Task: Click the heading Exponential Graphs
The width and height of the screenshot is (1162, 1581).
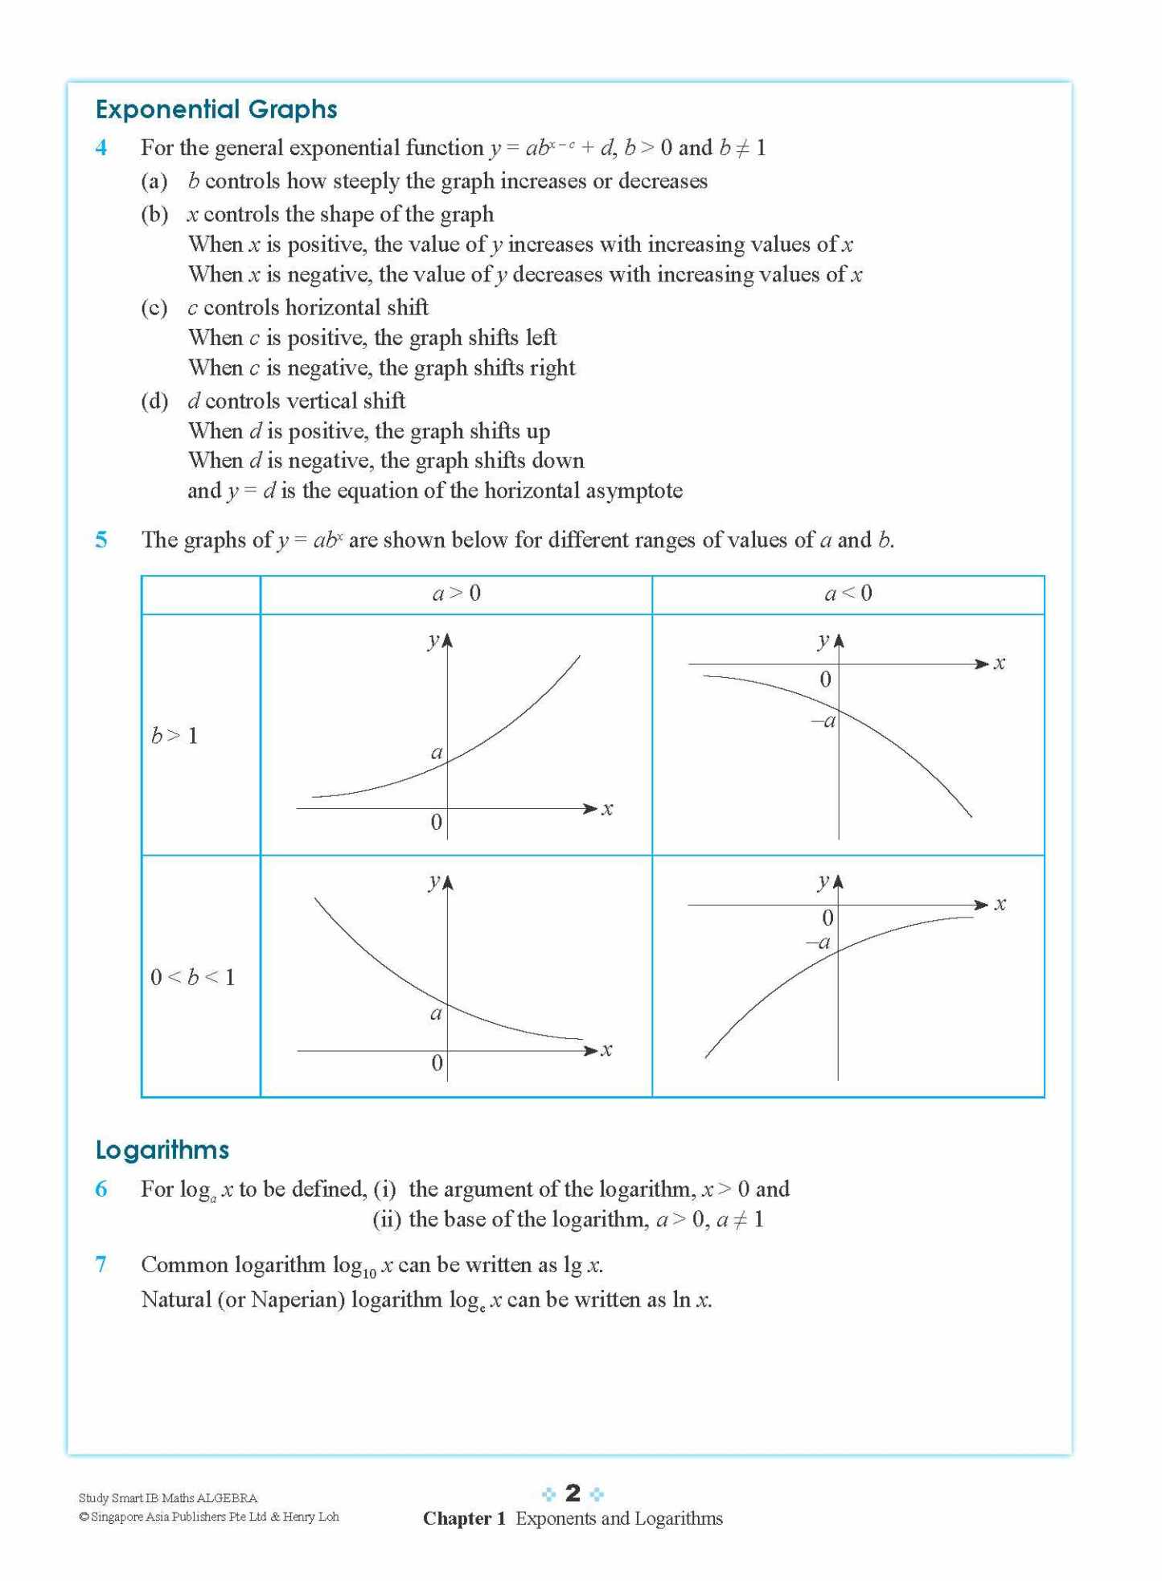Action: [x=216, y=109]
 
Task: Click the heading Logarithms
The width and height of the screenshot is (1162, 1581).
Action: [x=162, y=1150]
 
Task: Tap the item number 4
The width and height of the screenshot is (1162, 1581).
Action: [x=101, y=148]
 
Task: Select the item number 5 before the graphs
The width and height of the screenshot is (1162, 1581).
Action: [x=101, y=540]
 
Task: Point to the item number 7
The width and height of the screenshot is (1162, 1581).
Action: [x=101, y=1264]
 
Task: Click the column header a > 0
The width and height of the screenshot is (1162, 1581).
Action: [x=456, y=593]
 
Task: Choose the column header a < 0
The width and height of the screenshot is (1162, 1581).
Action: [x=848, y=593]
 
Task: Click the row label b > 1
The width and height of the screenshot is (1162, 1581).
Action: [x=175, y=736]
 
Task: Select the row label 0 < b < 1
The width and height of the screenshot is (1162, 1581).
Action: [x=193, y=977]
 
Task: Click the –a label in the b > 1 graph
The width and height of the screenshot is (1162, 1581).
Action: [x=823, y=721]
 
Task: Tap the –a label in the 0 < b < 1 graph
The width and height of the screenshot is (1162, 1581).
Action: [x=819, y=942]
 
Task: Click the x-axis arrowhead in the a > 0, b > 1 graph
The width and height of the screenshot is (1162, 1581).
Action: [x=591, y=808]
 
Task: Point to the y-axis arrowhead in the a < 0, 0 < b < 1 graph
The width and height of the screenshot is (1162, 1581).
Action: [x=838, y=882]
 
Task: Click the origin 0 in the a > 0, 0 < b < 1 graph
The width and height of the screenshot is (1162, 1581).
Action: [x=437, y=1063]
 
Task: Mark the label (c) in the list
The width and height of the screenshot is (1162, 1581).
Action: [x=154, y=308]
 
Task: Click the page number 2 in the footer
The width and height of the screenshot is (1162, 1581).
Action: [x=573, y=1493]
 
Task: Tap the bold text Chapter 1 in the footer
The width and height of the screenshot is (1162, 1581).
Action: [x=464, y=1518]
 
